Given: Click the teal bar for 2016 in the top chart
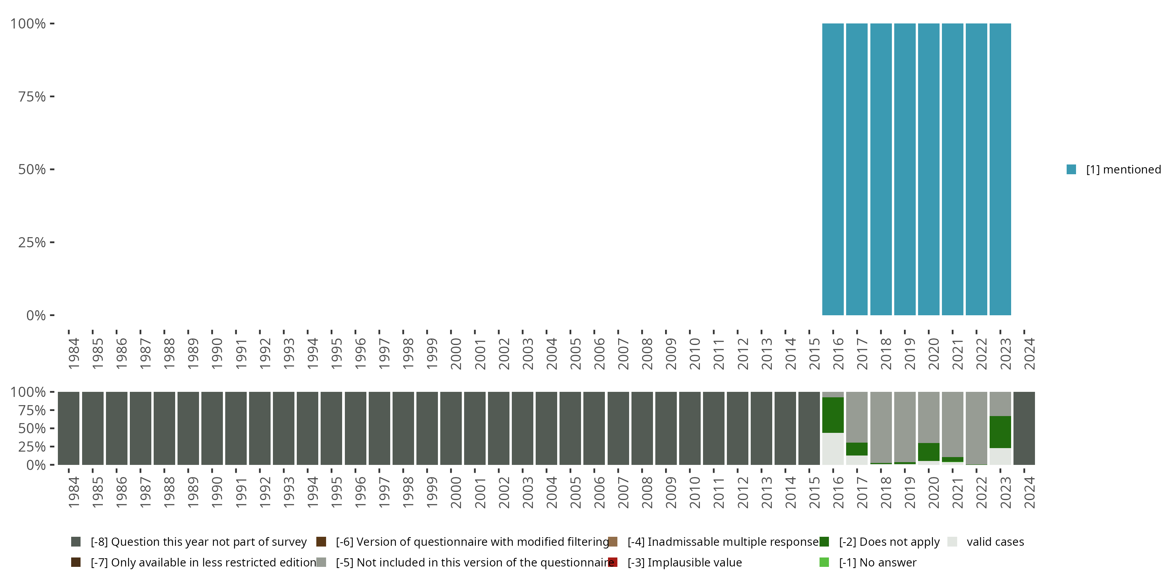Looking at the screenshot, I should tap(832, 169).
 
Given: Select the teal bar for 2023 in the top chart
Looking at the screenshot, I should tap(1000, 169).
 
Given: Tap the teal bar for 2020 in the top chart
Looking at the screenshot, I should tap(929, 169).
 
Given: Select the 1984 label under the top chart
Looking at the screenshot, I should tap(74, 354).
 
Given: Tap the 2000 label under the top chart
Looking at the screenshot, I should tap(456, 354).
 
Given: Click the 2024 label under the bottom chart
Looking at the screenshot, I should tap(1029, 492).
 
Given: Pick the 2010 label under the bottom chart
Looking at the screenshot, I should tap(694, 492).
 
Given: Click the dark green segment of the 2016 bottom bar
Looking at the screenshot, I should tap(832, 415).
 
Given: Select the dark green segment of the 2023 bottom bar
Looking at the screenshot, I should tap(1000, 432).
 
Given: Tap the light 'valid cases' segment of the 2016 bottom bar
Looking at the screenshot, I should tap(832, 448).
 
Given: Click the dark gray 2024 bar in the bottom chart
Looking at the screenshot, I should tap(1024, 428).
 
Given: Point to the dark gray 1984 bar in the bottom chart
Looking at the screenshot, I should tap(68, 428).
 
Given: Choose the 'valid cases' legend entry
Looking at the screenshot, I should tap(995, 542).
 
